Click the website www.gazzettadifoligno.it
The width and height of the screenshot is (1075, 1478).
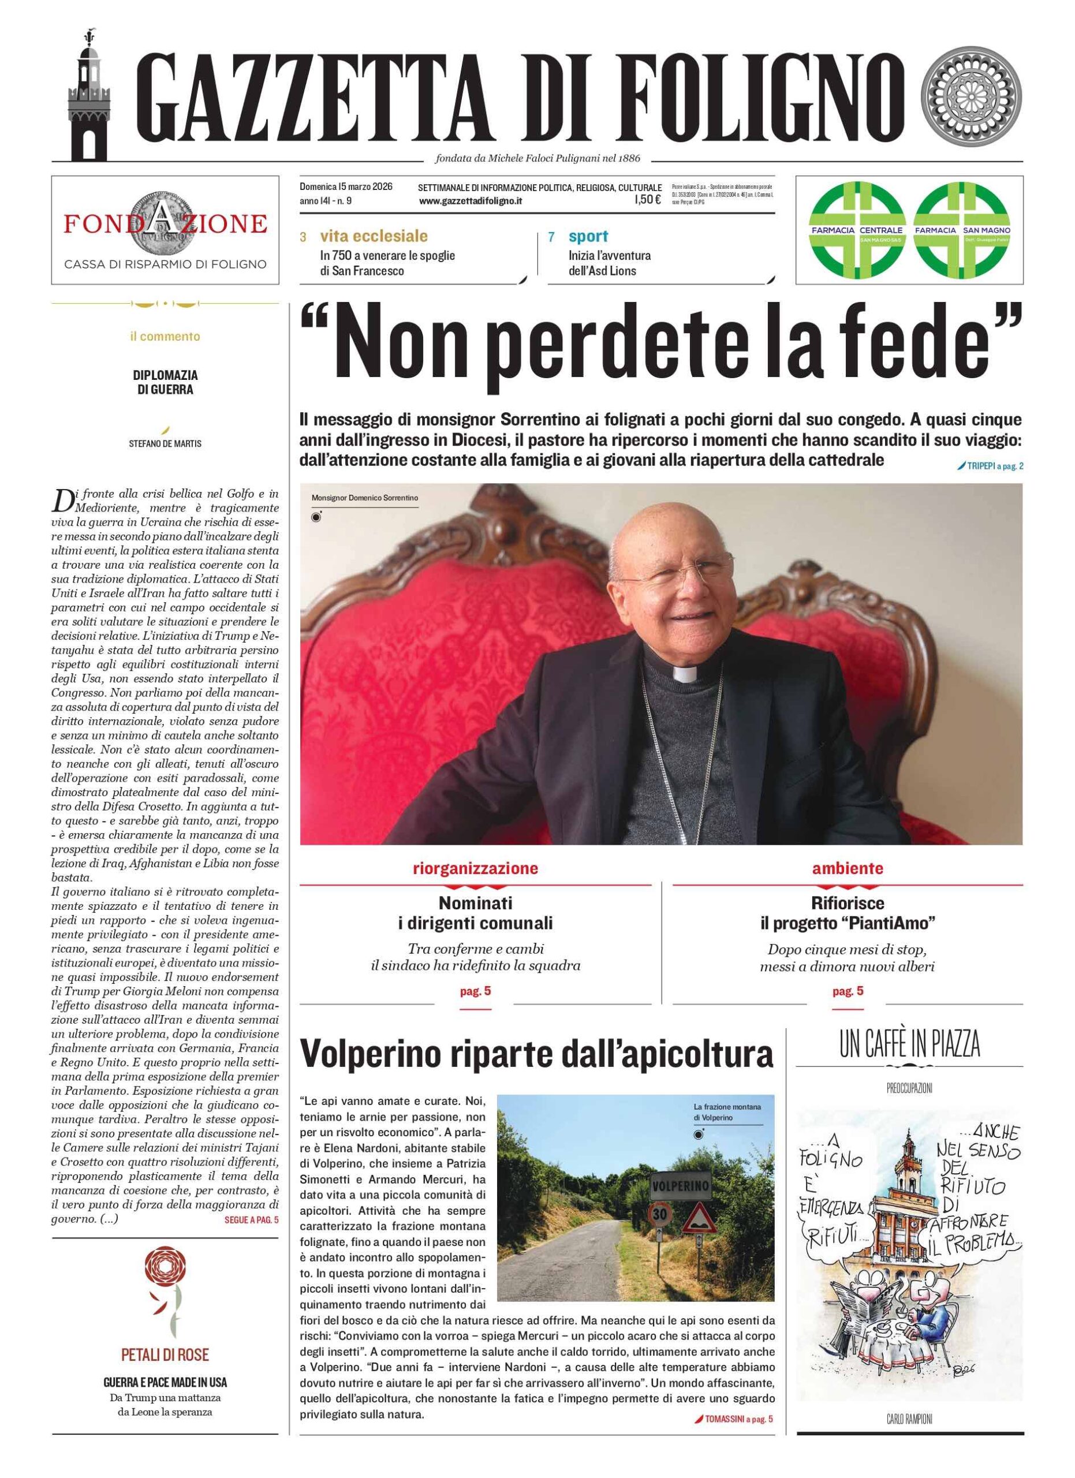[x=471, y=201]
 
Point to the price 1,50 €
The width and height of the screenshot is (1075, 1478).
[x=648, y=201]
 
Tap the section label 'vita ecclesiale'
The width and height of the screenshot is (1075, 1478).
[x=374, y=236]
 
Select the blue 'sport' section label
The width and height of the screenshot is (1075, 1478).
[x=588, y=236]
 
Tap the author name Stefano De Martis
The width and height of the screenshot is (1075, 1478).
[x=165, y=444]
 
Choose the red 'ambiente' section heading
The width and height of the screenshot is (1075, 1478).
[x=847, y=868]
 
